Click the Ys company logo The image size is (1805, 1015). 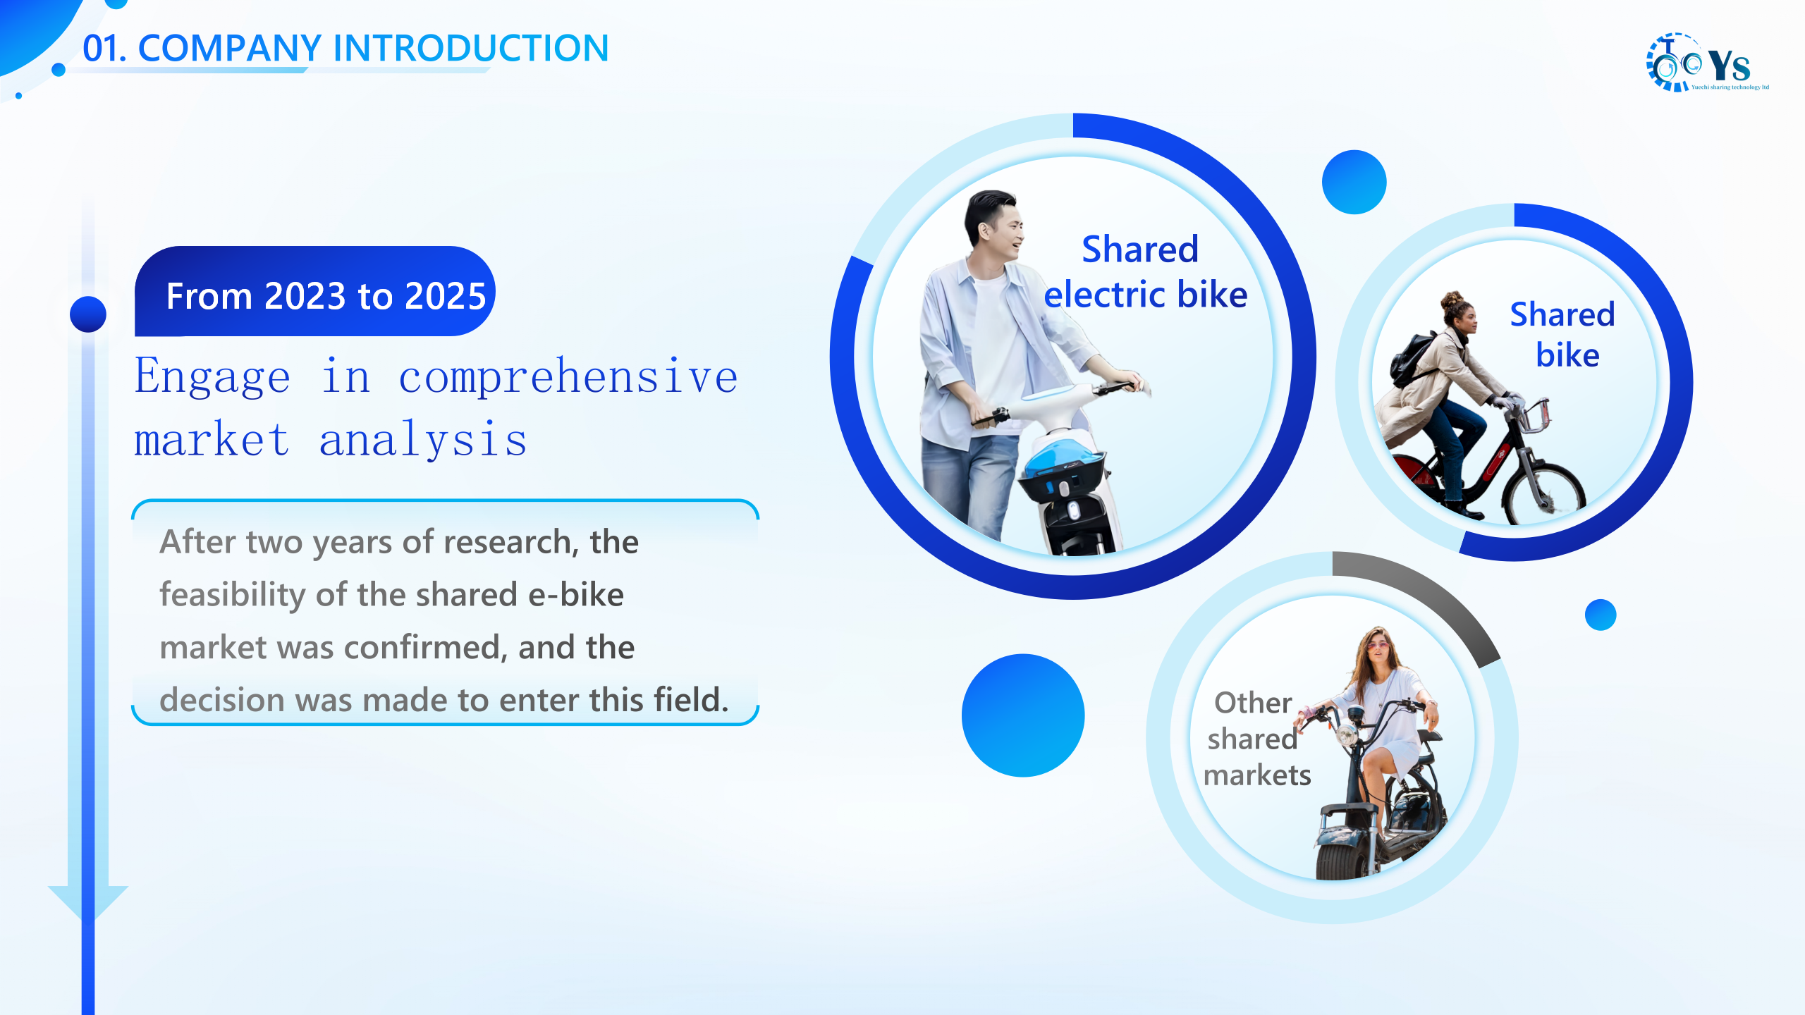pyautogui.click(x=1707, y=62)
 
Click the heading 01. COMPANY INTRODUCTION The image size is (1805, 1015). pyautogui.click(x=345, y=48)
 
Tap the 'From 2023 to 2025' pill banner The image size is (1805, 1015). pyautogui.click(x=315, y=291)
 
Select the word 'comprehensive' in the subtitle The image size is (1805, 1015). pyautogui.click(x=568, y=377)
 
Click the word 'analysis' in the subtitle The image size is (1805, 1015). pyautogui.click(x=423, y=441)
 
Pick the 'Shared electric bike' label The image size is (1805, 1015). pyautogui.click(x=1145, y=271)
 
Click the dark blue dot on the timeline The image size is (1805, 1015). pyautogui.click(x=88, y=314)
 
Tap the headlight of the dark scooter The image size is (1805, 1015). pyautogui.click(x=1347, y=736)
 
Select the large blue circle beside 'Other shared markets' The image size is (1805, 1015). pyautogui.click(x=1023, y=715)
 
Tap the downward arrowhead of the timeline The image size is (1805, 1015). pyautogui.click(x=88, y=903)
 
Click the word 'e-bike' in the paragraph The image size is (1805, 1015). pyautogui.click(x=576, y=595)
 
